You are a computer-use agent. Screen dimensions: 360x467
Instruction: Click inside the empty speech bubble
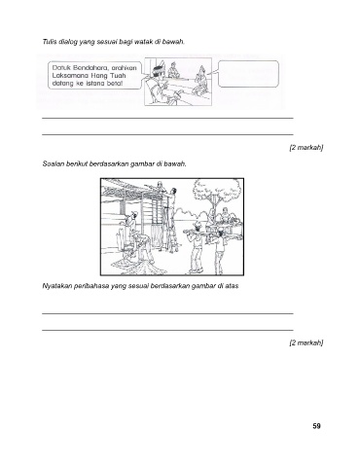tap(248, 74)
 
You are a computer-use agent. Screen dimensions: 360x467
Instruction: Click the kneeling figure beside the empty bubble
tap(200, 81)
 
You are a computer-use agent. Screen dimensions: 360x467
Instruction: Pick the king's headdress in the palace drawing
tap(158, 68)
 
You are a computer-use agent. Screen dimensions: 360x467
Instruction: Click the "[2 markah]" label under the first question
tap(306, 148)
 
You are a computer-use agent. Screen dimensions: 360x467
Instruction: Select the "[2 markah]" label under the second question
tap(306, 342)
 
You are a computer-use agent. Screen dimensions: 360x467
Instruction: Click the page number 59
tap(316, 426)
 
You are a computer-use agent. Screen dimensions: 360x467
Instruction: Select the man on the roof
tap(160, 187)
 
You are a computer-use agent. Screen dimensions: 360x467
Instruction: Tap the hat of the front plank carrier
tap(197, 224)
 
